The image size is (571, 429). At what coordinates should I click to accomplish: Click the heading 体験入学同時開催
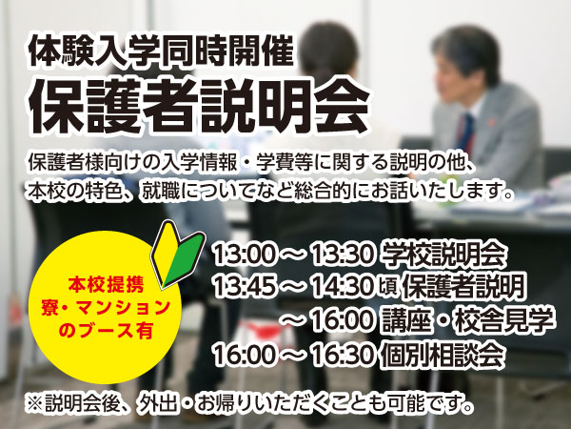tap(162, 51)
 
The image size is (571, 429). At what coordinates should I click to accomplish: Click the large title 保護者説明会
tap(199, 106)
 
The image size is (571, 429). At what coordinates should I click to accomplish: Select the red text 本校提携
tap(106, 284)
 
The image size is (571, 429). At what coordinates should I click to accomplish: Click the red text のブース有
tap(106, 331)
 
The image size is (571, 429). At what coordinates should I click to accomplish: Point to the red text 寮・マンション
tap(106, 308)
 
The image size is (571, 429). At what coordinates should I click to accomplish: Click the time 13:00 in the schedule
tap(245, 254)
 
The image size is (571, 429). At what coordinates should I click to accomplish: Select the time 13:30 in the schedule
tap(343, 254)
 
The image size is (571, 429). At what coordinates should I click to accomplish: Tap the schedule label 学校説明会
tap(443, 254)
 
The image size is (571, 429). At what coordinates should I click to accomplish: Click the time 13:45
tap(245, 286)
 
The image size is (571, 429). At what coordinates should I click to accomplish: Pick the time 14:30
tap(343, 286)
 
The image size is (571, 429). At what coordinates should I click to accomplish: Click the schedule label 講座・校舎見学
tap(467, 321)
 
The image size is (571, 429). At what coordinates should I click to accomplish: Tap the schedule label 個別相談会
tap(443, 355)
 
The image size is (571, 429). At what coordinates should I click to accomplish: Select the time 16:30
tap(343, 355)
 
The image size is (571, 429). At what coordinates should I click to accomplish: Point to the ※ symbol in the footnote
tap(34, 404)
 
